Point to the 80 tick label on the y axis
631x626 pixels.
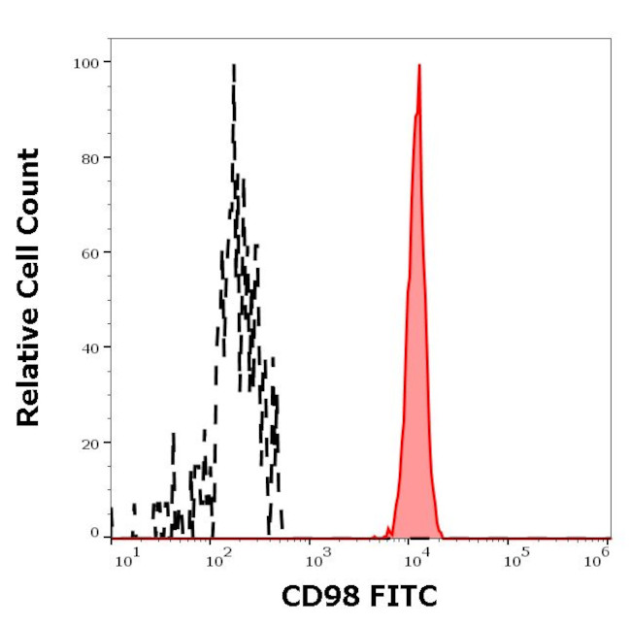point(89,157)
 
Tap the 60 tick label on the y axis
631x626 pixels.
point(89,252)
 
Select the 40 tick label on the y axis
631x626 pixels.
point(89,347)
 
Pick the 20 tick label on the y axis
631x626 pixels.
point(89,443)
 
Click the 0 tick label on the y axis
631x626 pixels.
point(94,533)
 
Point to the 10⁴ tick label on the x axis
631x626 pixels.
point(416,555)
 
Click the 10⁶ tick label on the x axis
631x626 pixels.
point(602,555)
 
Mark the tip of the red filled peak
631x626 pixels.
point(418,65)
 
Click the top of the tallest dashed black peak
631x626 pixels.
point(234,65)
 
